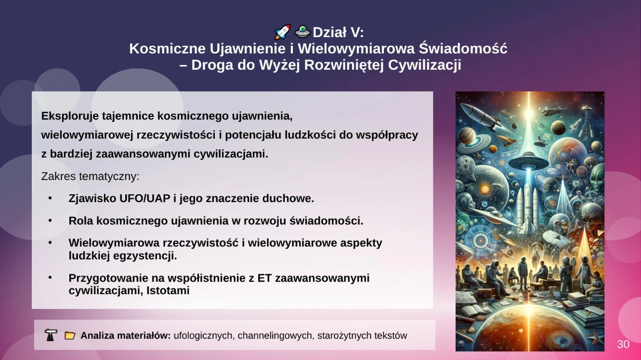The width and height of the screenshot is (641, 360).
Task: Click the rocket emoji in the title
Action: click(x=282, y=32)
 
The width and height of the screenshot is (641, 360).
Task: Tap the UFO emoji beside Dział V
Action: click(x=302, y=32)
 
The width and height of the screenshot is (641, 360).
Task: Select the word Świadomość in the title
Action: click(x=463, y=48)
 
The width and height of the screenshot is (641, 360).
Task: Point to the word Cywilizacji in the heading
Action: click(x=424, y=65)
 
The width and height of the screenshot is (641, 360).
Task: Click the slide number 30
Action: click(x=623, y=344)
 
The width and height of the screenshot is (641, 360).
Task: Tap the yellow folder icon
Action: click(x=69, y=335)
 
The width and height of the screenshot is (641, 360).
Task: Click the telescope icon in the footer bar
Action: click(x=51, y=335)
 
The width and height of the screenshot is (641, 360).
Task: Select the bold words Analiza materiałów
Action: click(x=126, y=335)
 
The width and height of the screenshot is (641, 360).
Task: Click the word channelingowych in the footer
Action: click(x=276, y=335)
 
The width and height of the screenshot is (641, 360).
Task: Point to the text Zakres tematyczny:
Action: click(x=90, y=177)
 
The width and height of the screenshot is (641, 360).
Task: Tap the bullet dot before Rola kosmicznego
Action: click(x=50, y=220)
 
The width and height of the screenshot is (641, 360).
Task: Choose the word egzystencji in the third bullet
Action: click(x=145, y=256)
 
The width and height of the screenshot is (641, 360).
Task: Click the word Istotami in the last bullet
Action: click(x=168, y=291)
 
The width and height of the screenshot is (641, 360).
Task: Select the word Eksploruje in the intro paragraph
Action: click(x=69, y=116)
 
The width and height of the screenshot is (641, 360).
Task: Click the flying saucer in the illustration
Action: click(x=529, y=162)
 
